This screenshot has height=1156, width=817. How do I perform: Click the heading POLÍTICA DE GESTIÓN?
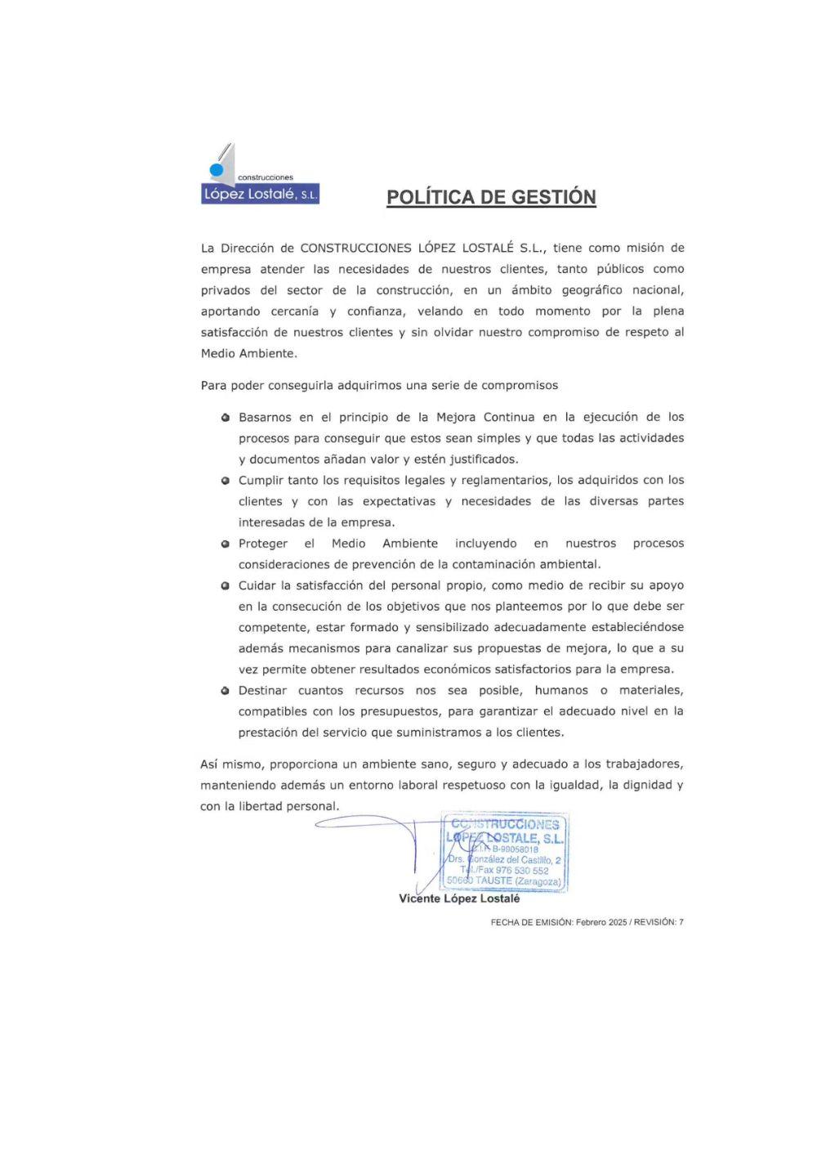(x=491, y=197)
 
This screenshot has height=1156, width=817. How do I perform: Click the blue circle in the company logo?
(x=217, y=170)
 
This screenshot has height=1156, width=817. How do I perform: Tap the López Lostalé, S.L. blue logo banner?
(x=260, y=195)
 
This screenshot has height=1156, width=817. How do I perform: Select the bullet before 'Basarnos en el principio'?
(x=225, y=418)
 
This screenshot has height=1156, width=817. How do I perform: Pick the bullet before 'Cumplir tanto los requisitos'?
(x=225, y=481)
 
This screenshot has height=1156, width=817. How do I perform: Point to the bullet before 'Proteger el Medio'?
(x=225, y=544)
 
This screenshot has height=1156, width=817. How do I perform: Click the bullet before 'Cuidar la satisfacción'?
(x=225, y=586)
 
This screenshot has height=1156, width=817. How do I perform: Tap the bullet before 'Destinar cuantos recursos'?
(x=225, y=691)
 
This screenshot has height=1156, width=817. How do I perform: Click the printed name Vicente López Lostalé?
(x=459, y=898)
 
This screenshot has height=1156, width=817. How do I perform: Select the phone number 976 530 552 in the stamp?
(x=522, y=871)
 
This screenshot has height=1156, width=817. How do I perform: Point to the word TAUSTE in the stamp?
(x=493, y=881)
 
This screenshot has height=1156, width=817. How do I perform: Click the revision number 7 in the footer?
(x=681, y=922)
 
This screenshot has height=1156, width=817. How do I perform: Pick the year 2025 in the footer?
(x=617, y=922)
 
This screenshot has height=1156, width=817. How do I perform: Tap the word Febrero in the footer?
(x=589, y=922)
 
